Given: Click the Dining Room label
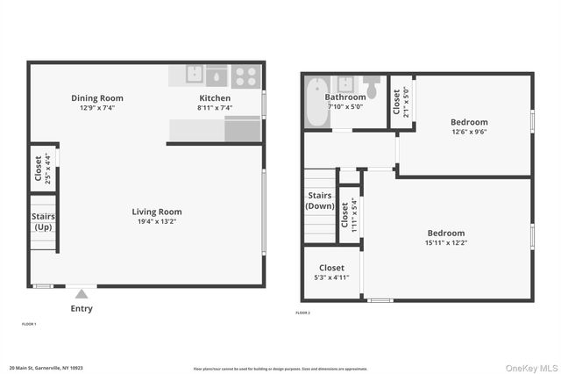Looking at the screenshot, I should (97, 98).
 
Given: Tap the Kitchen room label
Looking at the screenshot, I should (215, 98).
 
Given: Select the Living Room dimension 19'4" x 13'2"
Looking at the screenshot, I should (157, 222).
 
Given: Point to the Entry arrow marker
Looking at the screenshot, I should (82, 294).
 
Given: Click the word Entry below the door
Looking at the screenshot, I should (82, 308).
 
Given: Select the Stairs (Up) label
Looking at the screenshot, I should (44, 221).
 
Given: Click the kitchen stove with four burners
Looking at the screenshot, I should (245, 76).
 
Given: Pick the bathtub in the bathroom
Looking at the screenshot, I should (316, 102).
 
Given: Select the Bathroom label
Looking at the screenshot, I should (345, 97).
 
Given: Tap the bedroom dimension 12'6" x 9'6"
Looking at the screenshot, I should (469, 133).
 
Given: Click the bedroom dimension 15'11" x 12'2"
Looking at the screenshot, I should (446, 243).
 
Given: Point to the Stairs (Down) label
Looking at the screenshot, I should (320, 200).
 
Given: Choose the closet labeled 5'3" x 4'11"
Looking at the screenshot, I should (331, 272).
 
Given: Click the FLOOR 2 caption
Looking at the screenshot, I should (302, 313).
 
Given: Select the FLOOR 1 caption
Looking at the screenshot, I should (29, 324).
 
